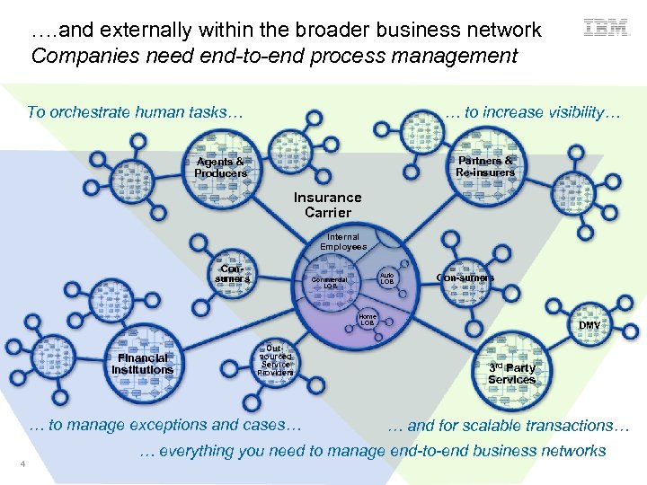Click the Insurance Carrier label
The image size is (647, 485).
point(328,205)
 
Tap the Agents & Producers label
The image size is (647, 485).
point(220,168)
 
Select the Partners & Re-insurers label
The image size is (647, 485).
point(485,167)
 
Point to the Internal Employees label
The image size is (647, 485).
point(343,242)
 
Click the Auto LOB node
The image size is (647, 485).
point(387,278)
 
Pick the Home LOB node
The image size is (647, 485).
point(368,319)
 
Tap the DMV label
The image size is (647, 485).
point(589,325)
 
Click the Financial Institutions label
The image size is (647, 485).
point(142,364)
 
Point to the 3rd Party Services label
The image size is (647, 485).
point(511,374)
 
